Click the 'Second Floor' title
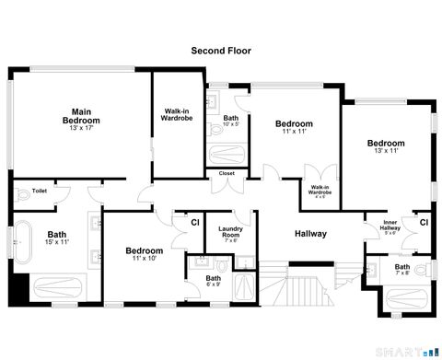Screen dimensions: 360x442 [220, 52]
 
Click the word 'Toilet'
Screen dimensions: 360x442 [39, 192]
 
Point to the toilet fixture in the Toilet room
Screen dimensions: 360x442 [20, 192]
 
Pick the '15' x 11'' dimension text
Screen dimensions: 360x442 [57, 242]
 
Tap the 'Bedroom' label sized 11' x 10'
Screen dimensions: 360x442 [145, 250]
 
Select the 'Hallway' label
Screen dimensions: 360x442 [310, 234]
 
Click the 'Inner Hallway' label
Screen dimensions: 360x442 [390, 226]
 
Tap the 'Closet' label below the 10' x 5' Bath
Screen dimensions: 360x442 [227, 173]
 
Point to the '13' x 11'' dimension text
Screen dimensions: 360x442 [386, 152]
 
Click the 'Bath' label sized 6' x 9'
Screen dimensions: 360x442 [214, 279]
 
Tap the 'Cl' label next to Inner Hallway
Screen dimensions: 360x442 [424, 222]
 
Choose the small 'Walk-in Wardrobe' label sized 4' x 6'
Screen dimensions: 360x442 [320, 191]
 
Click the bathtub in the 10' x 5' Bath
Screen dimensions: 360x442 [227, 153]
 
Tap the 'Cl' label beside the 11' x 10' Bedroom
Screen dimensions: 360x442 [195, 222]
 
